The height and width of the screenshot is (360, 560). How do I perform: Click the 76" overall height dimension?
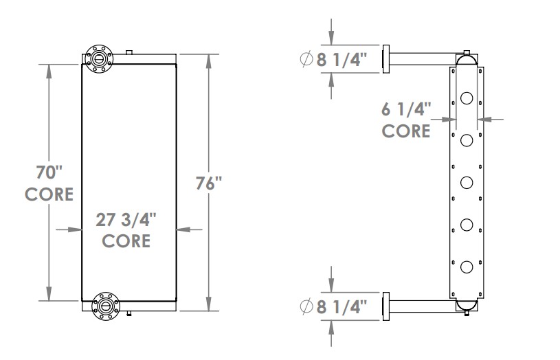208,185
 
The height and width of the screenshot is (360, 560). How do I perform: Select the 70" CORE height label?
49,182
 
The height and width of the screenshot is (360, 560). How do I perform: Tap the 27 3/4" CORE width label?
126,229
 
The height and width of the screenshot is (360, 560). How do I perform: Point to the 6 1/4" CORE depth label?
406,119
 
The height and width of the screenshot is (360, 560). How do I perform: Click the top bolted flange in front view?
100,58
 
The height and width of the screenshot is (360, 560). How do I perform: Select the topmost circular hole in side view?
467,98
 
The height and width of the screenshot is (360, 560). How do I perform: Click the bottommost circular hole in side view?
467,267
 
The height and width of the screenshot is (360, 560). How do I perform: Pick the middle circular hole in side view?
467,183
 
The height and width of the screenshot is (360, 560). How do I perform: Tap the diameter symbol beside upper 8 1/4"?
307,60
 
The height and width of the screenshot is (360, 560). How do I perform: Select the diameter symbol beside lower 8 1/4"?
307,306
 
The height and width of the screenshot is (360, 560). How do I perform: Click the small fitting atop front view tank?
128,52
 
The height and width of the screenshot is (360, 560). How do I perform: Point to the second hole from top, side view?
467,141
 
